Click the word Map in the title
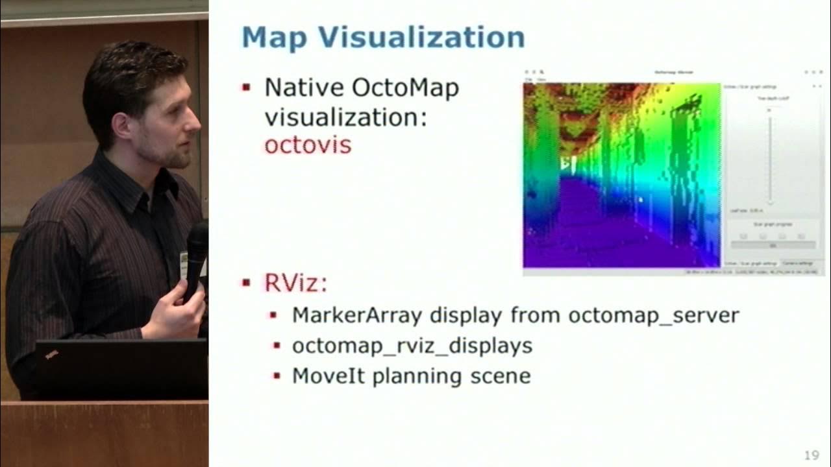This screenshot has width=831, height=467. coord(273,37)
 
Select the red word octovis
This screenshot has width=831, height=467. coord(307,144)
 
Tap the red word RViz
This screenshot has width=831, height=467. coord(294,283)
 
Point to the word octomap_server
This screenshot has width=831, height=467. coord(654,316)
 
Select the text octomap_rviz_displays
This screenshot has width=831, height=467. coord(412,346)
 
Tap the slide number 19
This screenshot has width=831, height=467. coord(811,455)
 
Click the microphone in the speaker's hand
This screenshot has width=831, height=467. coord(196,246)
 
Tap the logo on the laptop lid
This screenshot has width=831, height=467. coord(51,354)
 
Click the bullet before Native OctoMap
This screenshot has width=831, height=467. coord(246,88)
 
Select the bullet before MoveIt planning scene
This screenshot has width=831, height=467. coord(276,376)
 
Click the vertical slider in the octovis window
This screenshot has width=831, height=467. coord(769,156)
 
